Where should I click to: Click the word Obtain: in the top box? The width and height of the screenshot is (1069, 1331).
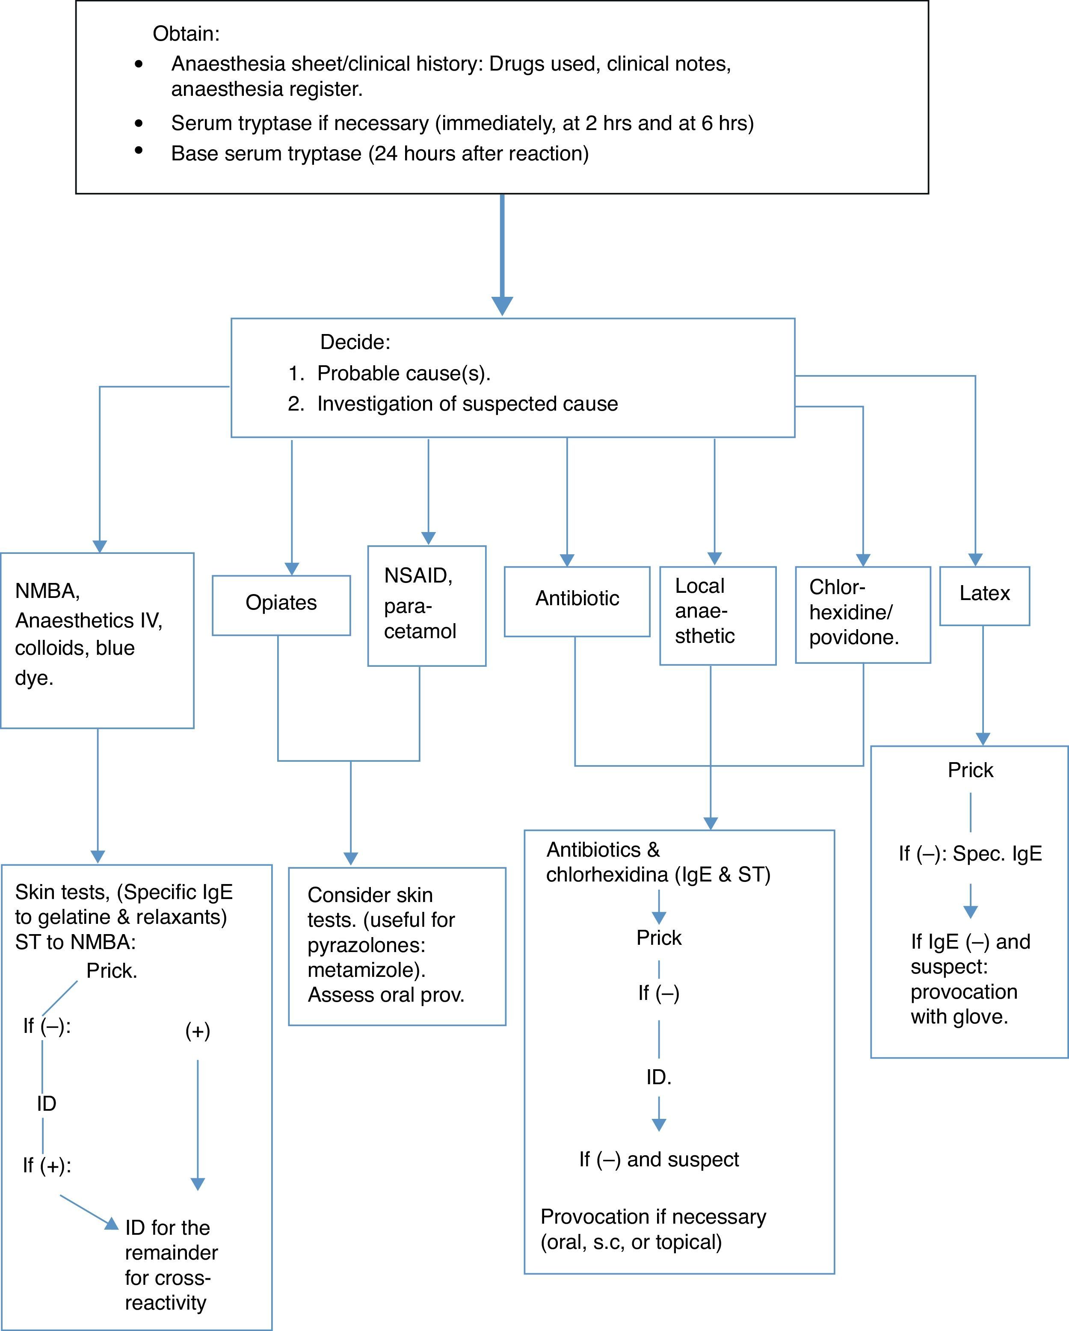pos(186,33)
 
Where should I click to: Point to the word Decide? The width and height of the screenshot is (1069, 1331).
pos(355,342)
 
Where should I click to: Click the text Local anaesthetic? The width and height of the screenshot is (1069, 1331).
pos(705,611)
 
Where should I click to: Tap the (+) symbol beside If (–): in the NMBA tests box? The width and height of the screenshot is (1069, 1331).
pos(198,1031)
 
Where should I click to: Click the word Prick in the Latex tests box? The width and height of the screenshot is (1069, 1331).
pos(970,770)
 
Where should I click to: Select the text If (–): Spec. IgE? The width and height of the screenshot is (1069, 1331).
pos(970,854)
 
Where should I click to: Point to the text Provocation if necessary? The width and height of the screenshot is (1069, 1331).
pos(653,1217)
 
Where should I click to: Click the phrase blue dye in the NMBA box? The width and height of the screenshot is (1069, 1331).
pos(74,663)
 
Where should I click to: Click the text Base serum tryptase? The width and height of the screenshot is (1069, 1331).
pos(266,154)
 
